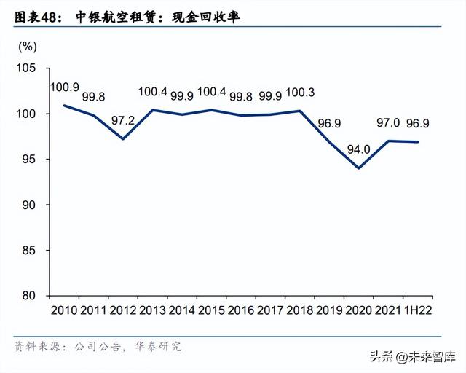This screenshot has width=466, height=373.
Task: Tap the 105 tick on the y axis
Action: (x=27, y=68)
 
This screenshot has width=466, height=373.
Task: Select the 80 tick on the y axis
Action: (x=30, y=296)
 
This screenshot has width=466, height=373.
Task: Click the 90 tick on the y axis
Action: (x=30, y=205)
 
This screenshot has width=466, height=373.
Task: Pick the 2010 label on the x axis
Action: (x=64, y=311)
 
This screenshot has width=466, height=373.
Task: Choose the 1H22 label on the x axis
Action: (x=417, y=311)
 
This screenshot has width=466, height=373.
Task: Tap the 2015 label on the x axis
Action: (x=212, y=311)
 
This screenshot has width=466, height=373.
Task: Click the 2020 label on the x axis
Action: (x=359, y=311)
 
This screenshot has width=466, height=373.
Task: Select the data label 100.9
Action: (x=64, y=87)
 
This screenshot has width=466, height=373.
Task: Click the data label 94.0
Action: (x=359, y=149)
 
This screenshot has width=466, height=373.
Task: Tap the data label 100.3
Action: (x=301, y=93)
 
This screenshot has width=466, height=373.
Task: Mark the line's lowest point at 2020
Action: (x=359, y=168)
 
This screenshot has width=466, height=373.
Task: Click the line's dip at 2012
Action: (x=123, y=139)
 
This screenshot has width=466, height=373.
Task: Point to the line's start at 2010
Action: (x=64, y=106)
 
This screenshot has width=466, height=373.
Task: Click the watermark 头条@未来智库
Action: (x=411, y=357)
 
